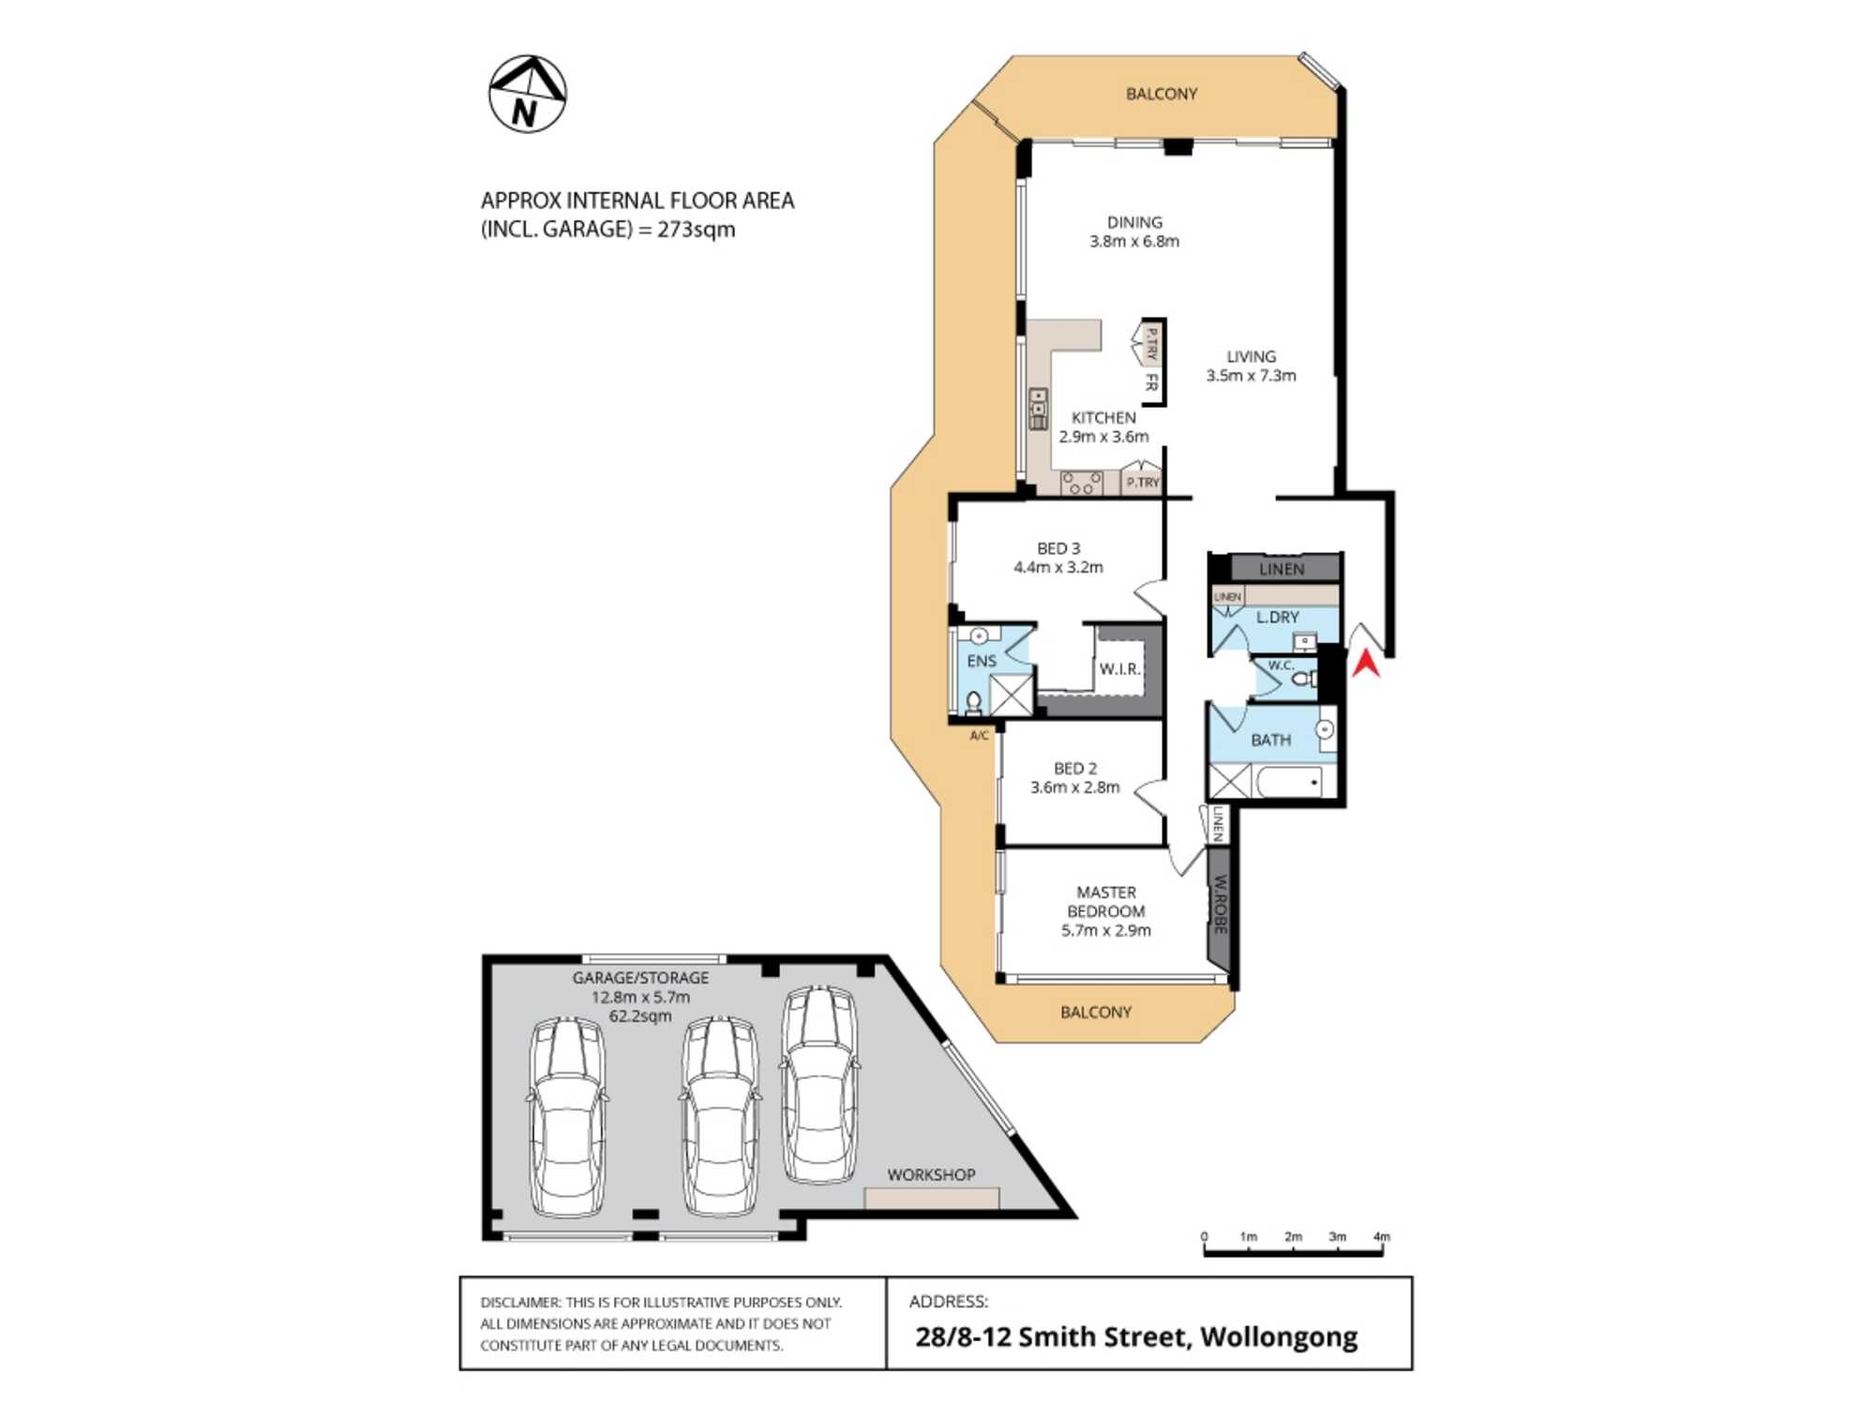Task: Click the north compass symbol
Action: coord(528,94)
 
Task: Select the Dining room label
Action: coord(1134,222)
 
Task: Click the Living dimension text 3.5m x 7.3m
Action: coord(1251,376)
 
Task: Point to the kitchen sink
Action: coord(1038,409)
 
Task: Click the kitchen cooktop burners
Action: coord(1081,483)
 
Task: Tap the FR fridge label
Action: coord(1151,382)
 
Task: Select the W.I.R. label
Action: coord(1119,669)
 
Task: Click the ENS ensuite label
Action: coord(982,661)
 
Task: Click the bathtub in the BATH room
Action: coord(1289,782)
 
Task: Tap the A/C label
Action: coord(979,736)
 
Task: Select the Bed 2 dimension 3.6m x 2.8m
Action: coord(1075,787)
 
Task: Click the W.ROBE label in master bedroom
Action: coord(1220,905)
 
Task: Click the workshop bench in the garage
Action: coord(932,1198)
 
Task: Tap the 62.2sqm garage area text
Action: coord(640,1016)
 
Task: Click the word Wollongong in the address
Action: coord(1279,1337)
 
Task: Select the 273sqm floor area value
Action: coord(696,230)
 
